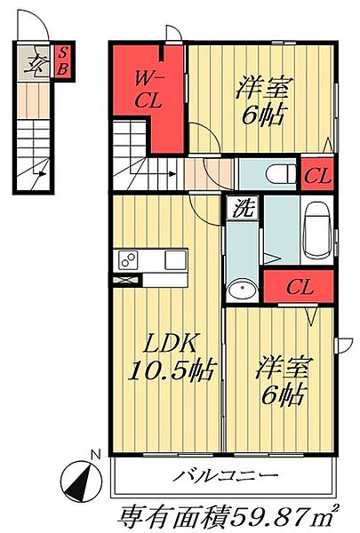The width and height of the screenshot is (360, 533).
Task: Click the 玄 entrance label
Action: coord(36,63)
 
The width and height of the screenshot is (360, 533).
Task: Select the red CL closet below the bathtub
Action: coord(299,287)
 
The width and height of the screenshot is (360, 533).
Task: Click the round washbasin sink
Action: coord(240,290)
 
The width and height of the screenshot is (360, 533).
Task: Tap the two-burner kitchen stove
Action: coord(127,261)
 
